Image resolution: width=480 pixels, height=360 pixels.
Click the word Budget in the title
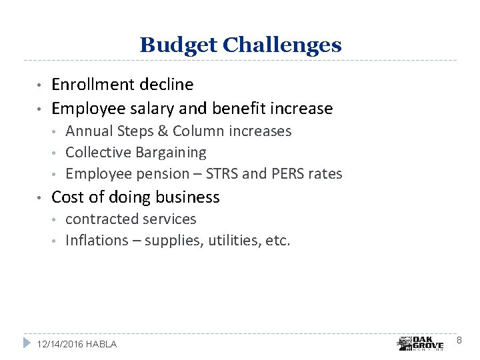point(178,45)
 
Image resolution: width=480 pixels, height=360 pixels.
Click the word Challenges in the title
point(282,45)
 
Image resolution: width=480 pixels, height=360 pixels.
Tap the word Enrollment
point(94,85)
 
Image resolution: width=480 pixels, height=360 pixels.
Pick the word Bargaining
point(171,153)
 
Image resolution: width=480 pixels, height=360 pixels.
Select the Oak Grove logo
point(420,343)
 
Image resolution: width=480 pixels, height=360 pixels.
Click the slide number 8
point(459,341)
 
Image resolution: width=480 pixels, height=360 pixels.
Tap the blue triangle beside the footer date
point(27,343)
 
